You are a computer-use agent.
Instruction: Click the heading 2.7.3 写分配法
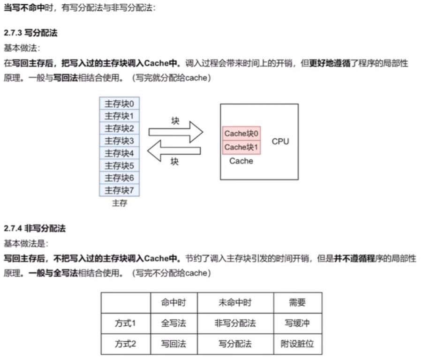(x=30, y=34)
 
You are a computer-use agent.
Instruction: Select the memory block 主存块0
(x=120, y=104)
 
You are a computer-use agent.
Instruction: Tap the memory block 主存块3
(x=120, y=141)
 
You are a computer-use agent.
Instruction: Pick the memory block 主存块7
(x=120, y=190)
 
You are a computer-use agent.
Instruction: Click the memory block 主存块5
(x=120, y=165)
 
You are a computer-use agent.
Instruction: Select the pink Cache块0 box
(x=241, y=134)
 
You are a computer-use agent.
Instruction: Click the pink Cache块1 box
(x=241, y=147)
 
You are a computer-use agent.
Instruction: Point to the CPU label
(x=280, y=141)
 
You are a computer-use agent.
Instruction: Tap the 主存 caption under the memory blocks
(x=120, y=203)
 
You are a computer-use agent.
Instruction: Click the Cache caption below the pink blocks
(x=241, y=161)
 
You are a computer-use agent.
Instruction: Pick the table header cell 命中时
(x=173, y=303)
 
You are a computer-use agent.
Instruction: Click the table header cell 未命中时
(x=235, y=303)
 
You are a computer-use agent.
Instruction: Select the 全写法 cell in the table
(x=173, y=323)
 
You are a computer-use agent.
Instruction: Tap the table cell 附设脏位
(x=297, y=344)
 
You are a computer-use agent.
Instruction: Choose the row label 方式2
(x=125, y=344)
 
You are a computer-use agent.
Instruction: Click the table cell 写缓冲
(x=297, y=323)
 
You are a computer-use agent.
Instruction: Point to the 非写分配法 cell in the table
(x=235, y=323)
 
